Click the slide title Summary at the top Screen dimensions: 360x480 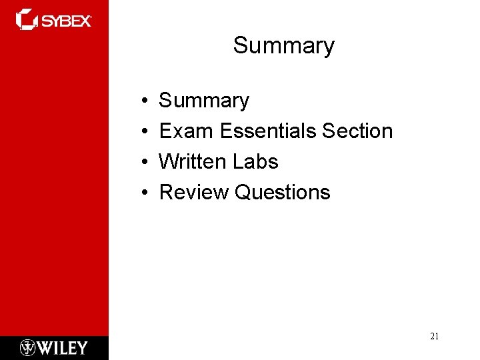(x=283, y=46)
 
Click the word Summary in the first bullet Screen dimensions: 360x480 (x=204, y=101)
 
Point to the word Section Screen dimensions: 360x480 (x=357, y=131)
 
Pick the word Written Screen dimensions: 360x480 (x=194, y=162)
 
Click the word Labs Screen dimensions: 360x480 (x=256, y=162)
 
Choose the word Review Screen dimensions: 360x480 (x=195, y=193)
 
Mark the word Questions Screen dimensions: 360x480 (x=283, y=193)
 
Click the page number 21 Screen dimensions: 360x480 (x=434, y=337)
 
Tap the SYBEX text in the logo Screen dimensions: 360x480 (x=67, y=21)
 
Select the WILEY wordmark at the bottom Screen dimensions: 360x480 (x=63, y=348)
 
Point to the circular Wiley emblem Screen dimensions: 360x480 (x=27, y=348)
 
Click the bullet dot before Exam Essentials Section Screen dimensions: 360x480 (x=145, y=132)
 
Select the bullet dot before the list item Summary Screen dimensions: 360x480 (x=145, y=101)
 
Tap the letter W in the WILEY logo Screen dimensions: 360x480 (x=45, y=348)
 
